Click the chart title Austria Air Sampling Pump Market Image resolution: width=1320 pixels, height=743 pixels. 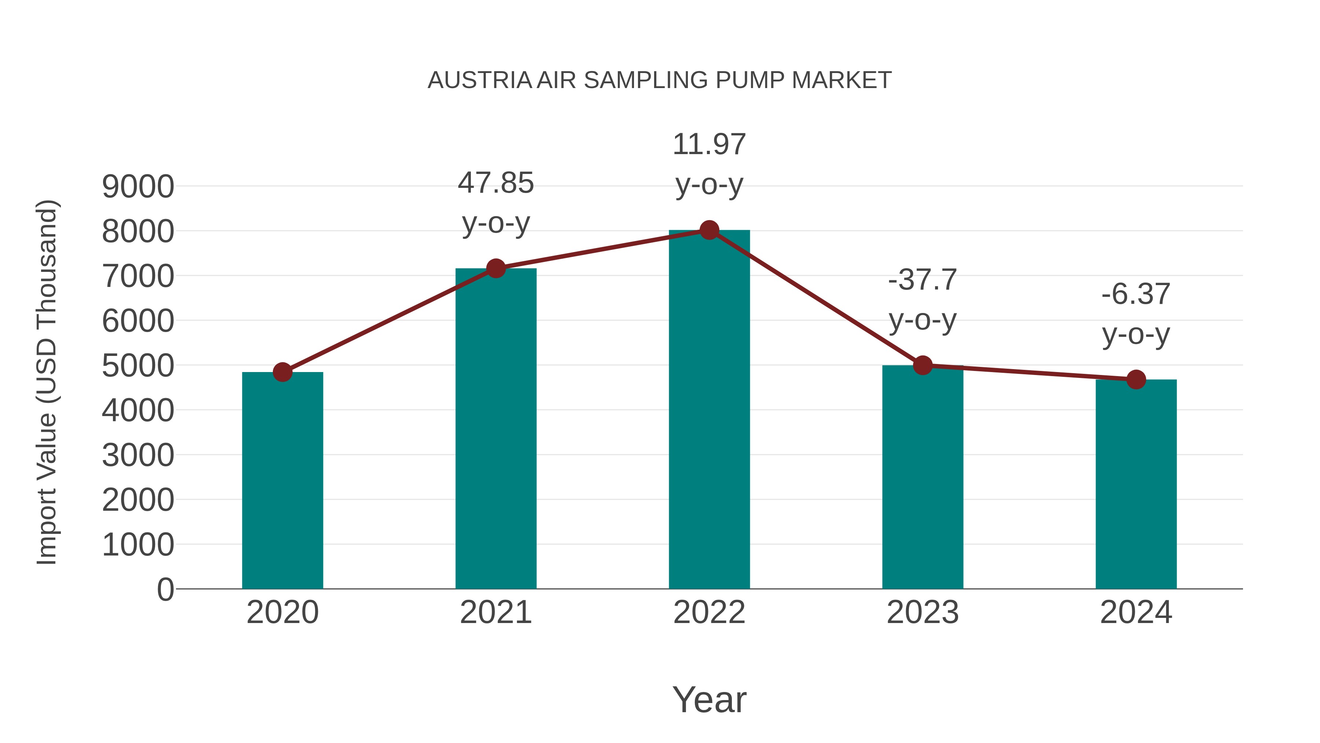point(660,80)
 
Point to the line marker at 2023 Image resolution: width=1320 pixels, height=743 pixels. point(923,365)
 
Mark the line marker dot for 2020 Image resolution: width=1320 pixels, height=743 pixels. point(282,372)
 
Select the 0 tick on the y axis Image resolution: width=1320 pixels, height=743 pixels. point(165,589)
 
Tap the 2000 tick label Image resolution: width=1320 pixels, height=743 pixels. point(138,500)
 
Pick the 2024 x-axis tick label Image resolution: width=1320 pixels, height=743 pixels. point(1136,612)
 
